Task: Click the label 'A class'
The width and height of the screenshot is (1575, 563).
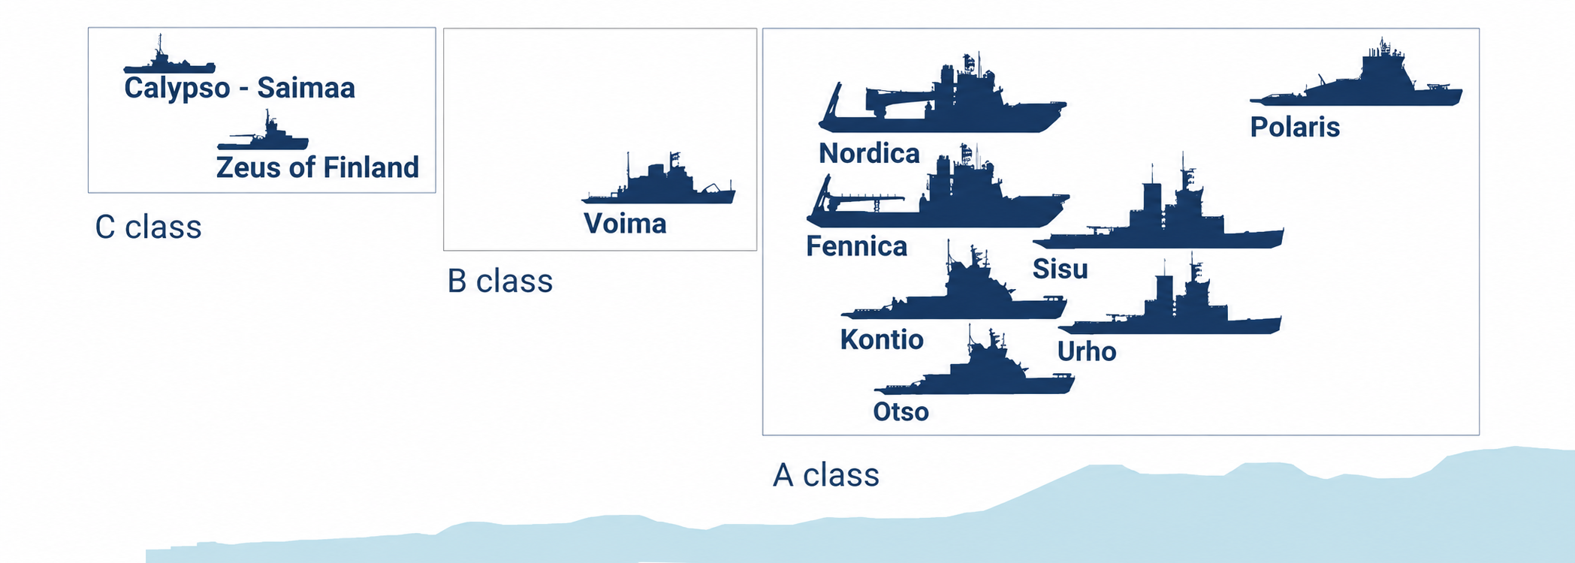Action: click(826, 475)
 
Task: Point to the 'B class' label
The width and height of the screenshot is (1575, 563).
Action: click(500, 281)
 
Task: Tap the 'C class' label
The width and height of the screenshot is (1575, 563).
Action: click(149, 227)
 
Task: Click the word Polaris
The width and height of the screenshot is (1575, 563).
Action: click(1295, 128)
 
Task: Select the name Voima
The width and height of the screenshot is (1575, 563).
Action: click(625, 224)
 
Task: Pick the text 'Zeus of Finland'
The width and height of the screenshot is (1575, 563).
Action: click(318, 167)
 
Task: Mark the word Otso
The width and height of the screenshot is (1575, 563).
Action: click(901, 412)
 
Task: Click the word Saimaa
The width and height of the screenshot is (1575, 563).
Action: click(306, 88)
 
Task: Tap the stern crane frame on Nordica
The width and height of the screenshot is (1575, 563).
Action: click(830, 105)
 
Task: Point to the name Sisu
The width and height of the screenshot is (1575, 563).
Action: click(1060, 269)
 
